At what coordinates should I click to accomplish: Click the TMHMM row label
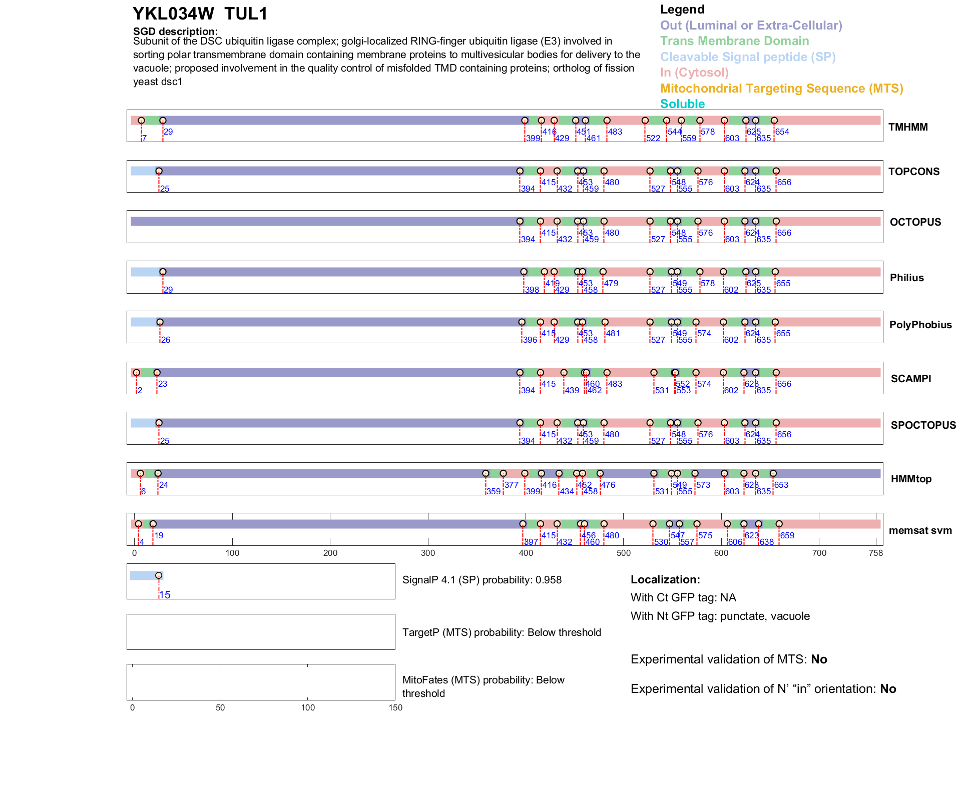(x=907, y=127)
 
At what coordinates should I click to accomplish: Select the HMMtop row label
(x=911, y=479)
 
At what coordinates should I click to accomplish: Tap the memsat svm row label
(x=920, y=530)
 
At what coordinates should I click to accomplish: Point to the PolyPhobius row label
(x=920, y=325)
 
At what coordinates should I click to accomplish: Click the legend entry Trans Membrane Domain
(x=734, y=41)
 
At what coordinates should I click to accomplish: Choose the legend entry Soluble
(x=682, y=104)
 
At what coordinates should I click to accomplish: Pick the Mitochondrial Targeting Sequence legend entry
(x=781, y=89)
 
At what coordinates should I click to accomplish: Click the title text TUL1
(x=246, y=14)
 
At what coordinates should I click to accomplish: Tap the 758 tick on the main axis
(x=875, y=553)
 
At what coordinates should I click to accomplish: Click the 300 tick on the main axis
(x=428, y=553)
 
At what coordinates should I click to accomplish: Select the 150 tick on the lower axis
(x=395, y=707)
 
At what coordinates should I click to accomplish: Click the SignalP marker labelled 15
(x=159, y=575)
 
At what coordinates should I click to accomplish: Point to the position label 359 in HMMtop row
(x=494, y=491)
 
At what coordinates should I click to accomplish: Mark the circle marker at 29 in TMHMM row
(x=163, y=121)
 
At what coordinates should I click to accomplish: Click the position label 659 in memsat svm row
(x=787, y=535)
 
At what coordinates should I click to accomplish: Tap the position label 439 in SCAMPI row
(x=572, y=390)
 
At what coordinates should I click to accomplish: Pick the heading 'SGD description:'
(x=175, y=32)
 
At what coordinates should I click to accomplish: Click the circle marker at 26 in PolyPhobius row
(x=160, y=322)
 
